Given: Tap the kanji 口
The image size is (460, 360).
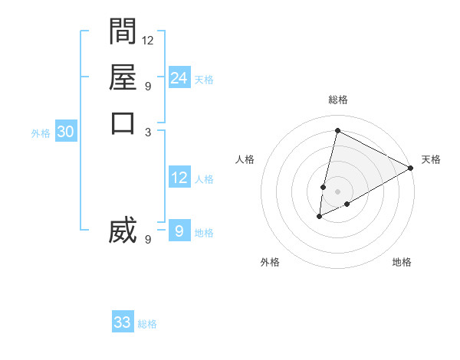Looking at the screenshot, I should click(x=123, y=123).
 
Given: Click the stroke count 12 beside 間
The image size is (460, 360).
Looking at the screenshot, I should click(x=148, y=40).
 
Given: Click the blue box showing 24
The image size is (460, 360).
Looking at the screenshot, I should click(x=179, y=77).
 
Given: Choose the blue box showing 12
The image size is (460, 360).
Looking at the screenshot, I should click(x=179, y=178).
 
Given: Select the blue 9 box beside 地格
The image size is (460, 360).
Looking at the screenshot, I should click(x=179, y=231).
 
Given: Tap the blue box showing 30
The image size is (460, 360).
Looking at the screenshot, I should click(x=66, y=132).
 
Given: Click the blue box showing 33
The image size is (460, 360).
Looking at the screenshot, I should click(x=123, y=322).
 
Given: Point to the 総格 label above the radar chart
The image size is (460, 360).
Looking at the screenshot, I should click(x=337, y=100).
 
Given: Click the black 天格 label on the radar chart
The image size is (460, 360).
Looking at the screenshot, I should click(x=431, y=159).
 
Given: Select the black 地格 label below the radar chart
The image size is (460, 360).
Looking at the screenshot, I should click(x=402, y=263).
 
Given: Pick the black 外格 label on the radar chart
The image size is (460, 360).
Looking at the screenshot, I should click(x=270, y=263).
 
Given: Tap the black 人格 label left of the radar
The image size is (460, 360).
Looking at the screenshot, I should click(x=245, y=159).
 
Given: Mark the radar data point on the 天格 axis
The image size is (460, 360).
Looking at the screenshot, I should click(x=411, y=168).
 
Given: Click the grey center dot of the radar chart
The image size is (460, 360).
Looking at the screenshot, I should click(x=337, y=191).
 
